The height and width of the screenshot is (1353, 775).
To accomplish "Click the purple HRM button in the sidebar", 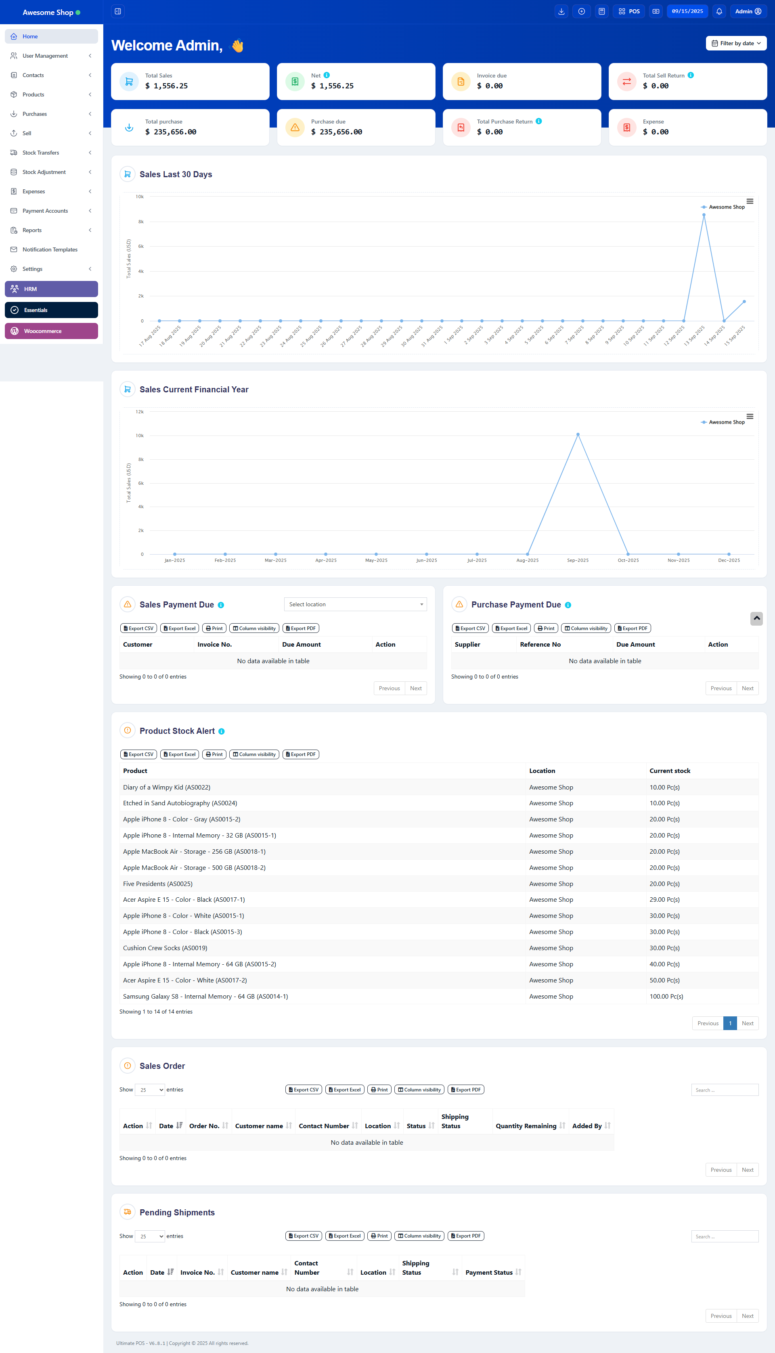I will [x=51, y=289].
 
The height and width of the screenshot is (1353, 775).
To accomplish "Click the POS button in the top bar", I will [x=629, y=11].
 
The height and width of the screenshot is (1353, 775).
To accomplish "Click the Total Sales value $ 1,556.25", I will [x=167, y=86].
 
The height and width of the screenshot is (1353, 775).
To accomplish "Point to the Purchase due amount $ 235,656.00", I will [x=336, y=132].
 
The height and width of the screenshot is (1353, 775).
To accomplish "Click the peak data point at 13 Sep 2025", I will [x=704, y=215].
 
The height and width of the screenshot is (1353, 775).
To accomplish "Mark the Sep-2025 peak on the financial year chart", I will [x=578, y=435].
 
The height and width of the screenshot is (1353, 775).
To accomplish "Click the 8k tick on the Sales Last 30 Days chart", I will [x=141, y=222].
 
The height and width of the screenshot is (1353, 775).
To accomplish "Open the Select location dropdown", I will [x=355, y=604].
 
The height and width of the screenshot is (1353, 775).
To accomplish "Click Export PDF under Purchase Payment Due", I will [x=633, y=628].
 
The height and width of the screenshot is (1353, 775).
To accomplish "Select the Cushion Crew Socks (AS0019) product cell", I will [x=165, y=948].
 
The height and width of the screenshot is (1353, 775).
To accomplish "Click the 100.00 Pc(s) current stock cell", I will [x=666, y=997].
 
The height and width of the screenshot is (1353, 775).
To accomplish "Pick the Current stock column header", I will [x=670, y=771].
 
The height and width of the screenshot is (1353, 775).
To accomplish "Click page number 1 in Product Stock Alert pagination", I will [x=730, y=1023].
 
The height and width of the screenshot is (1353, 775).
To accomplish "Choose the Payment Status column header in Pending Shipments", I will [x=489, y=1272].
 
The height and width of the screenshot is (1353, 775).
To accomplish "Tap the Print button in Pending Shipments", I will [x=379, y=1236].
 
